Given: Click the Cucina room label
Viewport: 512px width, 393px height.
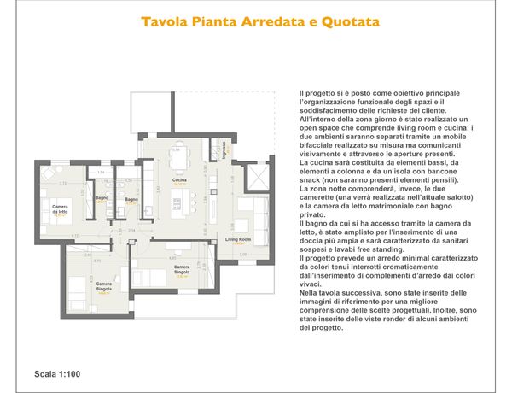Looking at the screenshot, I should tap(179, 180).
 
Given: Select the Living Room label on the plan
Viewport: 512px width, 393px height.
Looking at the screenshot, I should tap(238, 240).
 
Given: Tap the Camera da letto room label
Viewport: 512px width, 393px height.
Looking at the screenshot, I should tap(60, 208).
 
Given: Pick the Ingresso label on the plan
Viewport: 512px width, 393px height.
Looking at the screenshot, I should tap(224, 154).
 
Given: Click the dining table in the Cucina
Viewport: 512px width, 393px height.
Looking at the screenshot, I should tap(178, 157).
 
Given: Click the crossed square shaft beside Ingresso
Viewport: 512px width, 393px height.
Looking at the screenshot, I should tap(255, 176).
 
